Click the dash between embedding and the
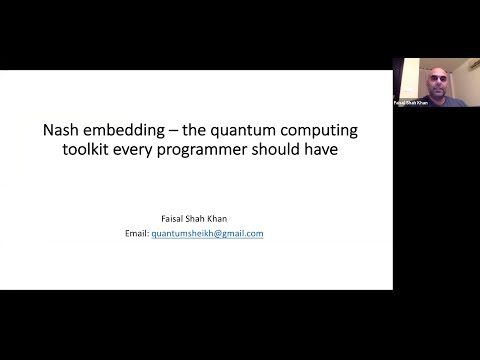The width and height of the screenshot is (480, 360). tap(172, 131)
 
